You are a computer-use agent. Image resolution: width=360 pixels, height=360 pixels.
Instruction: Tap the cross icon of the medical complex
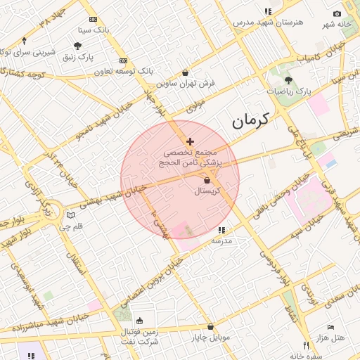(190, 142)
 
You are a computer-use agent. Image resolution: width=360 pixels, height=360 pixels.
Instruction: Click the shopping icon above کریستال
(206, 181)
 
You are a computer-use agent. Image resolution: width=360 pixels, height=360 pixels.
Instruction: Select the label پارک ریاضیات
(289, 91)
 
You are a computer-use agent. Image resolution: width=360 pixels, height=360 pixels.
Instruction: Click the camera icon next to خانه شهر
(337, 14)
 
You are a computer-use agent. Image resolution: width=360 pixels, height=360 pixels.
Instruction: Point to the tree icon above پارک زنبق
(77, 46)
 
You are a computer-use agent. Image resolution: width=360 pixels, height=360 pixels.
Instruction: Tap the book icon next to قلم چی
(70, 215)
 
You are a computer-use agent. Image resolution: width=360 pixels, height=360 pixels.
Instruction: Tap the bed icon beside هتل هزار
(330, 328)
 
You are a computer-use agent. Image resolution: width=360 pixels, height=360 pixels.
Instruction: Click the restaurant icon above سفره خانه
(305, 345)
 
